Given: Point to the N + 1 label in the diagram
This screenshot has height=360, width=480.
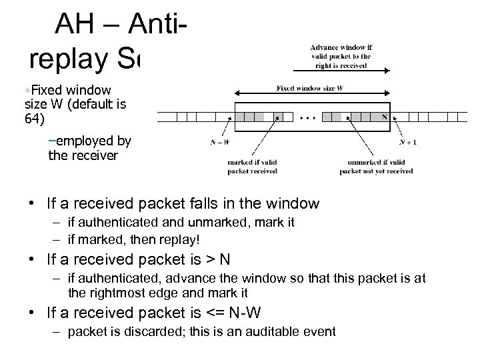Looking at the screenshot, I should click(x=408, y=141).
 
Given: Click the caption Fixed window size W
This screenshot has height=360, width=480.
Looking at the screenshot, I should click(x=310, y=87).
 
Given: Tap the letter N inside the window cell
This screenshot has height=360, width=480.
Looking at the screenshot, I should click(x=385, y=117).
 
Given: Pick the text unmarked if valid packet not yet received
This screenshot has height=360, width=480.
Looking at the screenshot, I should click(x=375, y=166).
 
